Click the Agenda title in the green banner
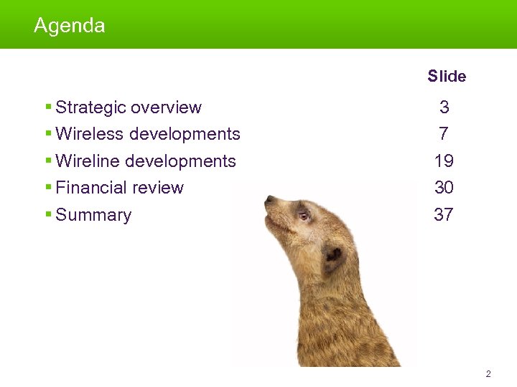coord(69,26)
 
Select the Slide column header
coord(446,76)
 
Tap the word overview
coord(167,107)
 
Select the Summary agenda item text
coord(93,215)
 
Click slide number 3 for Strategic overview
coord(444,107)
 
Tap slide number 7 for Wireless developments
coord(444,134)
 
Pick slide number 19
coord(444,161)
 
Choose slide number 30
coord(444,188)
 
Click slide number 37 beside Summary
coord(444,215)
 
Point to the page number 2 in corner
coord(488,374)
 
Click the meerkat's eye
coord(304,215)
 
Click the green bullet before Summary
coord(47,214)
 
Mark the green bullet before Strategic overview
coord(47,107)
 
